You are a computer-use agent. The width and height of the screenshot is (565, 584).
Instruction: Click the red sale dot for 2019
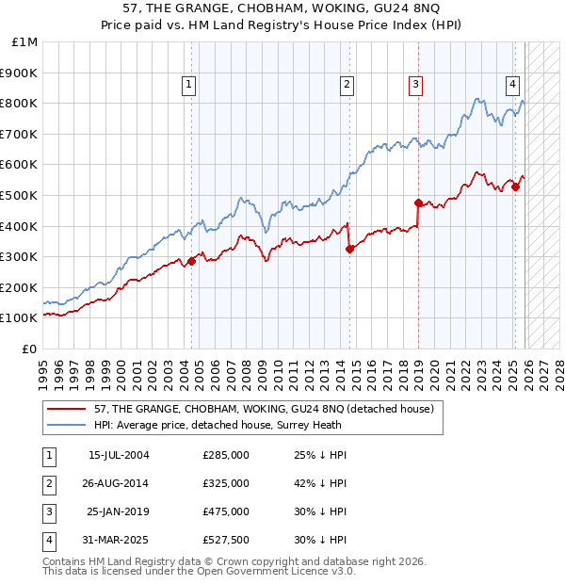pos(418,203)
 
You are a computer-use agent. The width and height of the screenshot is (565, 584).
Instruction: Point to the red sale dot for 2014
pos(349,249)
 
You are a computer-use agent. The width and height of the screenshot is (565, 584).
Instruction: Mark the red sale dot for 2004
pos(191,261)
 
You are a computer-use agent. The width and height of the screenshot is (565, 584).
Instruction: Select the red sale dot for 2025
pos(515,187)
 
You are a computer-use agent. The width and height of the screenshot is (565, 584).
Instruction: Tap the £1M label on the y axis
pos(25,41)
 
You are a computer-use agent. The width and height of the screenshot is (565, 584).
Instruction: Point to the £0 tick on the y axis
pos(30,349)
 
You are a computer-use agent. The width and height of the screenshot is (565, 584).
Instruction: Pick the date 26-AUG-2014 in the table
pos(119,483)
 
